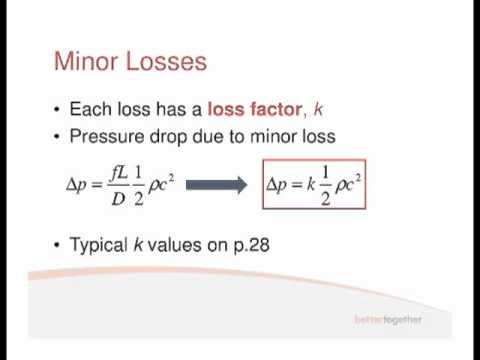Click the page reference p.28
[250, 244]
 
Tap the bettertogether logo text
[388, 320]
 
